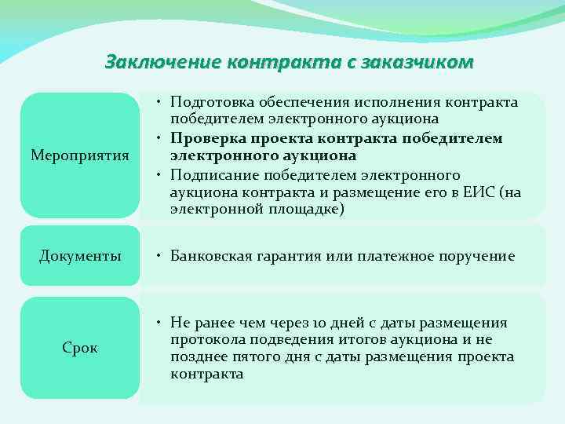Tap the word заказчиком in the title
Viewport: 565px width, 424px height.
pyautogui.click(x=416, y=61)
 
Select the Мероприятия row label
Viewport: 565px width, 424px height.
pyautogui.click(x=80, y=155)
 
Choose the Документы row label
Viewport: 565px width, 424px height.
pyautogui.click(x=80, y=256)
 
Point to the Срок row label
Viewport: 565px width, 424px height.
pyautogui.click(x=80, y=348)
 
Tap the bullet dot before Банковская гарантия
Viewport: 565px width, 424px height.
pyautogui.click(x=159, y=256)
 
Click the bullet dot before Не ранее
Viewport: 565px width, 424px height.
pyautogui.click(x=159, y=323)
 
